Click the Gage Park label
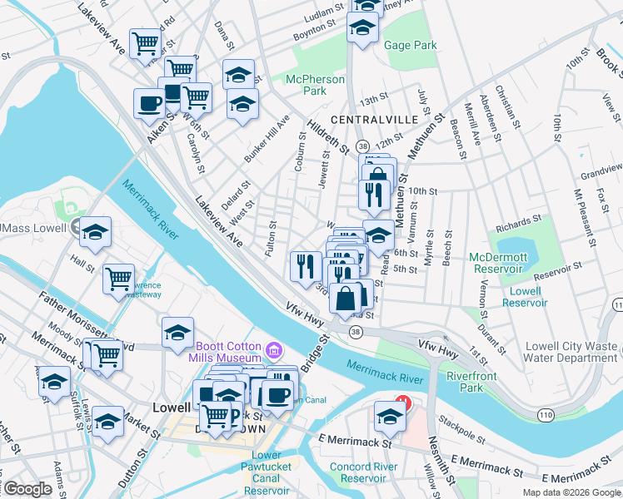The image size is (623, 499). coord(411,45)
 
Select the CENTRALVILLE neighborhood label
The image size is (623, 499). coord(373,120)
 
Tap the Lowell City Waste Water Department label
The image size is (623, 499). coord(571,352)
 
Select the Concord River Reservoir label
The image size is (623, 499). coord(364,472)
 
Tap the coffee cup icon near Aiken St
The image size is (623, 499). coord(150,103)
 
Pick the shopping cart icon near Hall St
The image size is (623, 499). coord(119,278)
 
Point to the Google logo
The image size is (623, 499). coord(27,489)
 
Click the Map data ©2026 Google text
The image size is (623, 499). coord(571,492)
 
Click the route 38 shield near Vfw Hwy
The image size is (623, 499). coord(356,332)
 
